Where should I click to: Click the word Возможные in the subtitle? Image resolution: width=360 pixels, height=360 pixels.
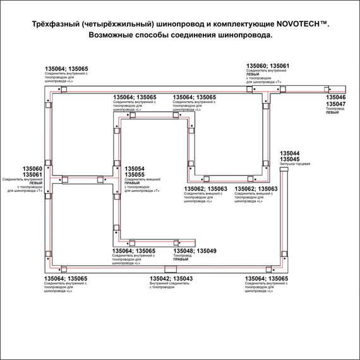point(117,35)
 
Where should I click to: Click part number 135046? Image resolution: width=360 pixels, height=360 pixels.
point(335,99)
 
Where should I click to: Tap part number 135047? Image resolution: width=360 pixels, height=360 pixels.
point(335,104)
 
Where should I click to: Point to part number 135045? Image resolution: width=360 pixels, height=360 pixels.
point(289,160)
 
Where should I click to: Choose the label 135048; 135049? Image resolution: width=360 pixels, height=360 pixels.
point(195,251)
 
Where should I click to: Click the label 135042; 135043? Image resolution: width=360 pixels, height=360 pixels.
point(171,279)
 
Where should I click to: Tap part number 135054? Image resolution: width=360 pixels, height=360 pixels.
point(135,169)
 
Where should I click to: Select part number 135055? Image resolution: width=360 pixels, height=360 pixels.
point(135,175)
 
